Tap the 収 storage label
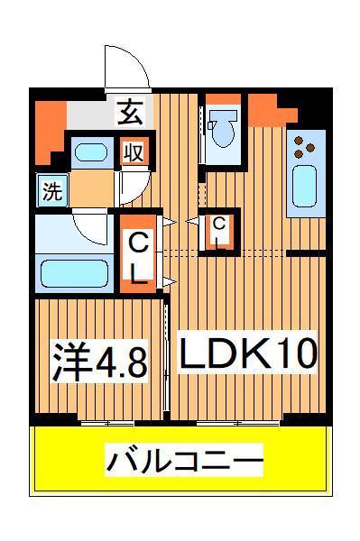(x=134, y=152)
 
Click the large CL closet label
(x=137, y=257)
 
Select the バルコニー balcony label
(x=186, y=462)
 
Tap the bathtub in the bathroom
(x=77, y=270)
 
